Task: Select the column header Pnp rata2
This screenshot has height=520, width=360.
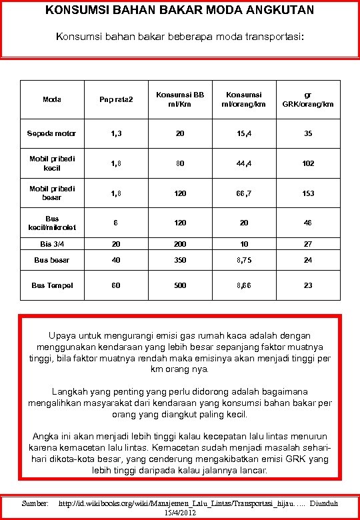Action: pos(116,99)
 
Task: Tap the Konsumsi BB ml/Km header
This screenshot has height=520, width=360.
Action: pos(180,99)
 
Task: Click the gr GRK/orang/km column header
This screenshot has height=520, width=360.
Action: pos(307,99)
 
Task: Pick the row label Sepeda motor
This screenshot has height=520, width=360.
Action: pos(52,133)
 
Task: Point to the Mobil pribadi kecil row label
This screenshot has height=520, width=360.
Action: pos(52,163)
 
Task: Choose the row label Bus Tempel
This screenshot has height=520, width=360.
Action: pos(52,285)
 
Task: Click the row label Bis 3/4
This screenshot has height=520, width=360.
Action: pos(52,244)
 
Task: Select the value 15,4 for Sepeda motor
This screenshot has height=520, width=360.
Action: pos(244,133)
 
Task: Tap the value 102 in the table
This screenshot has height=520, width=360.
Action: pos(307,163)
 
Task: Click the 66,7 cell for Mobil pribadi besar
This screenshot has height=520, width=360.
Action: pos(244,193)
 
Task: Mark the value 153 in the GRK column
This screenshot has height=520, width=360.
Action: pos(307,193)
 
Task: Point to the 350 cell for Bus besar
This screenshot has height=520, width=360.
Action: pos(180,259)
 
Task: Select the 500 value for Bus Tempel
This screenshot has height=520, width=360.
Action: pos(180,285)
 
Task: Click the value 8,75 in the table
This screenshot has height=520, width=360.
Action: pos(244,259)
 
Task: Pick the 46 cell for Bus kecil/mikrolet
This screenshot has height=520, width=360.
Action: pos(307,223)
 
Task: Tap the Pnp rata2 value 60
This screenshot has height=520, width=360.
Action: pos(116,285)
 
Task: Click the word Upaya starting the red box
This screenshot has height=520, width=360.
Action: pos(63,335)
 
